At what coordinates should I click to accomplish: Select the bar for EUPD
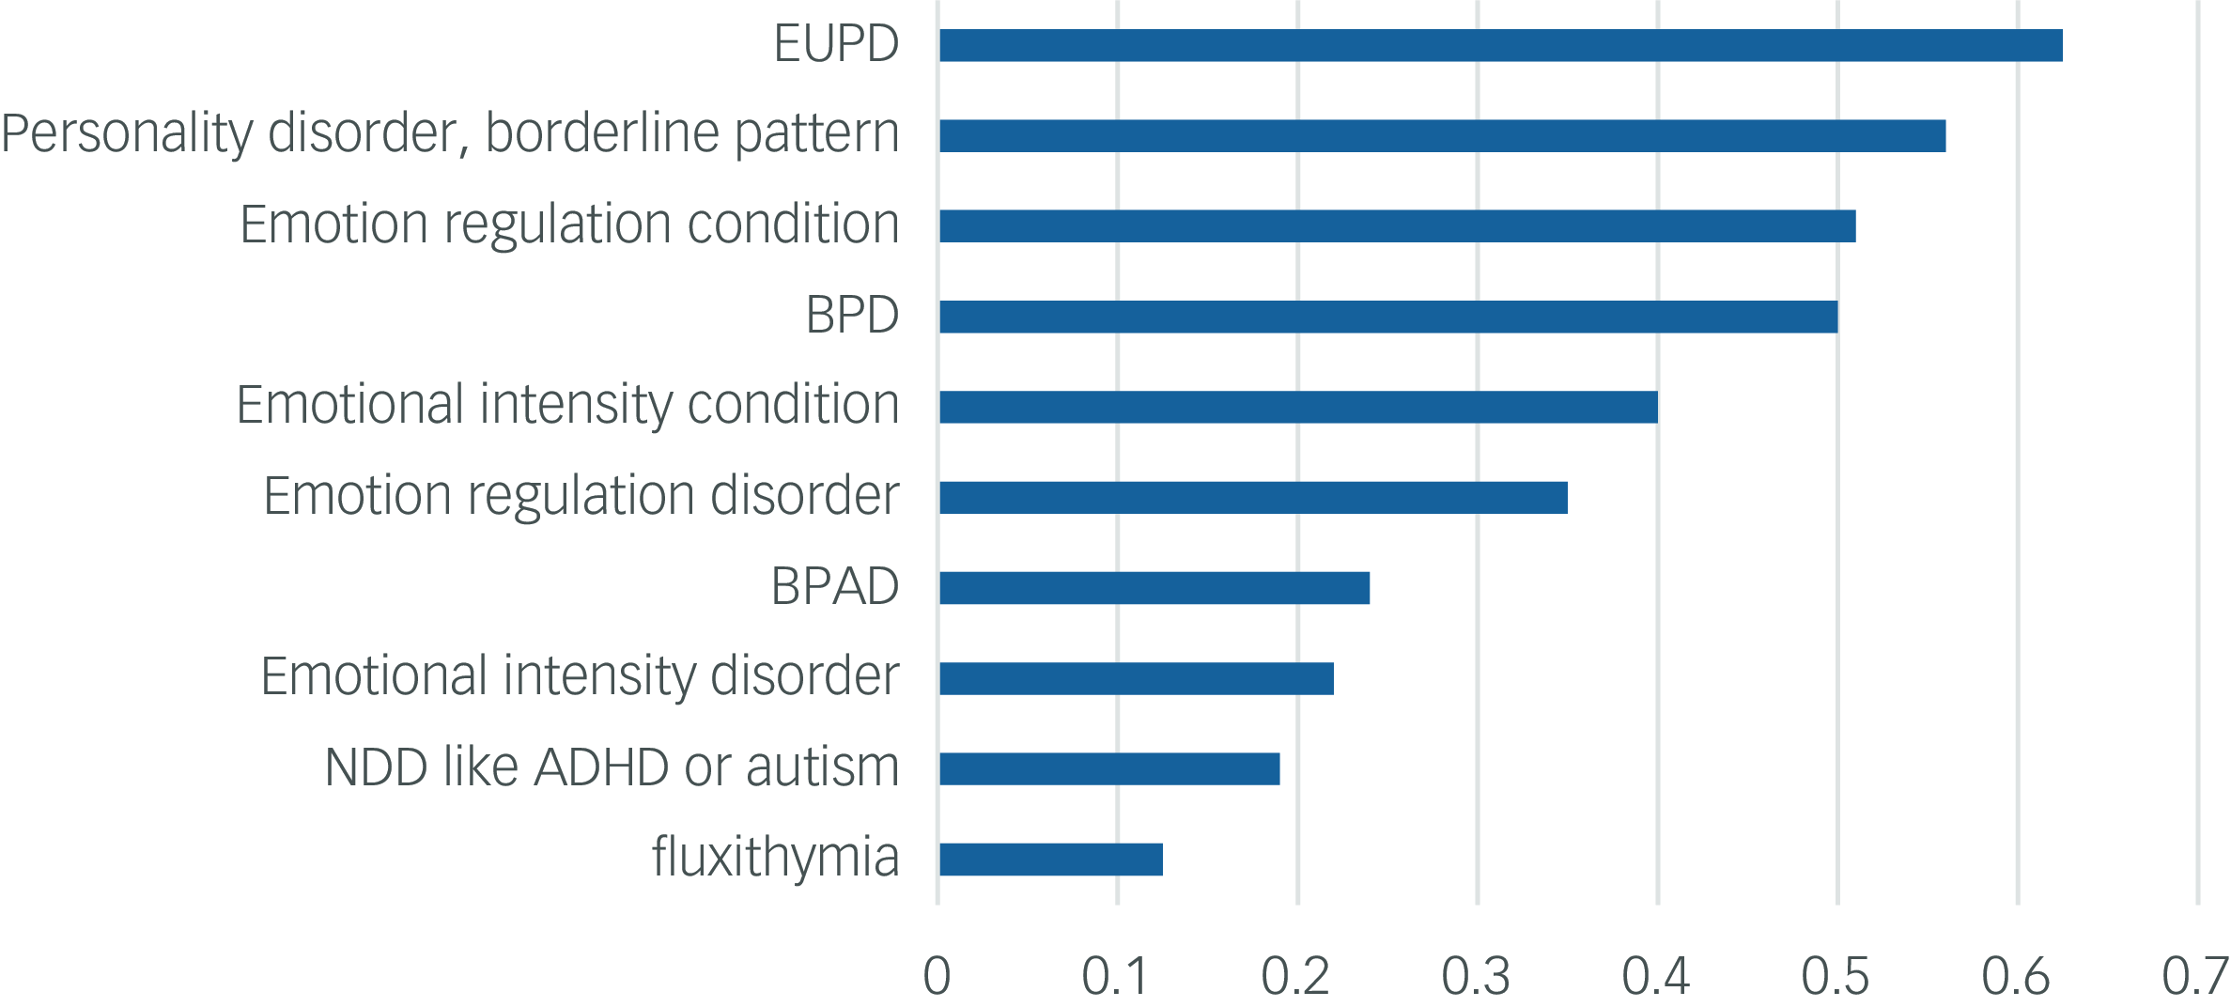click(x=1500, y=45)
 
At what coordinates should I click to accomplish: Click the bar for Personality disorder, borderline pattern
click(x=1442, y=135)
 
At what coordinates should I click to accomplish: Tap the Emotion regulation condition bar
click(x=1397, y=226)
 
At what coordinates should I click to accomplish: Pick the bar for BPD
click(x=1388, y=317)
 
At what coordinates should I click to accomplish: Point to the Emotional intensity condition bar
click(x=1298, y=407)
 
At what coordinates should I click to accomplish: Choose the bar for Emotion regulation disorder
click(x=1253, y=498)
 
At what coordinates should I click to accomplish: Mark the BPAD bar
click(x=1154, y=588)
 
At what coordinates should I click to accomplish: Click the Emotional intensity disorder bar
click(x=1137, y=678)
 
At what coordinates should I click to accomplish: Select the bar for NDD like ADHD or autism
click(x=1109, y=768)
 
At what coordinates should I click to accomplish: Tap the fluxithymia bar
click(x=1051, y=860)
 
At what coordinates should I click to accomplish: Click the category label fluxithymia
click(x=775, y=858)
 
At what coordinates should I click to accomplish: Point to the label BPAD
click(x=834, y=587)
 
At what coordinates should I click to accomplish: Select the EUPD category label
click(x=836, y=43)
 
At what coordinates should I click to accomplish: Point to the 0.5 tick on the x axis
click(x=1836, y=976)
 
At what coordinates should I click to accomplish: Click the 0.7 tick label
click(x=2195, y=976)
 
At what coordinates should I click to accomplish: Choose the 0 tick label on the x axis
click(x=937, y=976)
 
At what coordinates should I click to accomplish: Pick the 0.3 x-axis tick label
click(x=1476, y=976)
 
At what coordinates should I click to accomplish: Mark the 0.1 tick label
click(x=1115, y=976)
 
